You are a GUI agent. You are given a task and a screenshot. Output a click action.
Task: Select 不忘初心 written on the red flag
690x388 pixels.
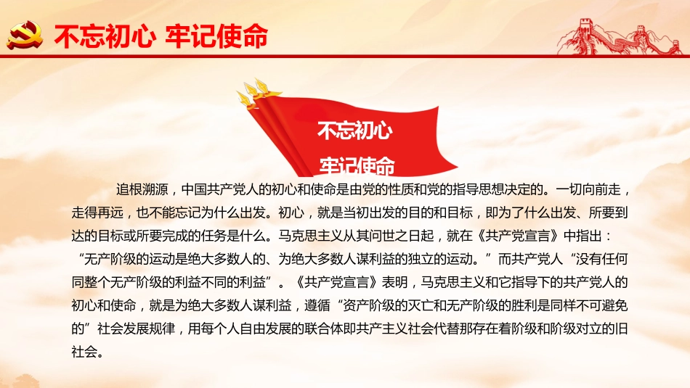click(355, 131)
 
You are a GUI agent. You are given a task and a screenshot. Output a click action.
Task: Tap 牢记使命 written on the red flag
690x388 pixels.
click(357, 165)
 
